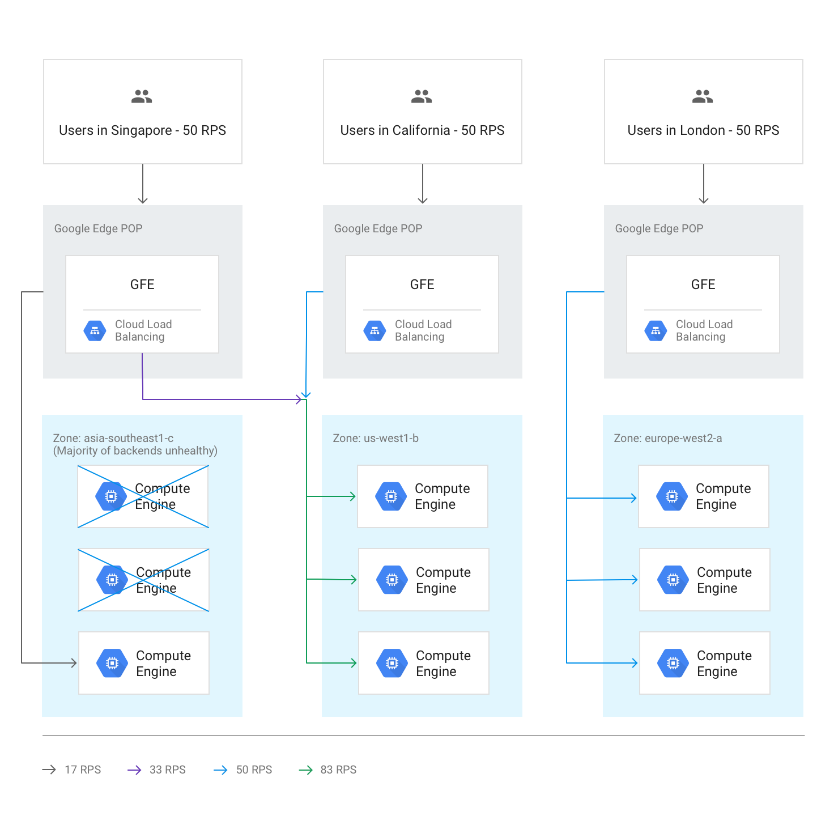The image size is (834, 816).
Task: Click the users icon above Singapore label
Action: pyautogui.click(x=142, y=97)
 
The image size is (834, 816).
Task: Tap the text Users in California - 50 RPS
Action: pyautogui.click(x=422, y=130)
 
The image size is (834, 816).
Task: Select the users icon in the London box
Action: pyautogui.click(x=703, y=97)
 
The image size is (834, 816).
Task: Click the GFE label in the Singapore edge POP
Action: pyautogui.click(x=142, y=284)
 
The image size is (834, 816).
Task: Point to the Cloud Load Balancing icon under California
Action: pyautogui.click(x=375, y=331)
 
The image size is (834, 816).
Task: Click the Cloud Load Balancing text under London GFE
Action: pyautogui.click(x=704, y=330)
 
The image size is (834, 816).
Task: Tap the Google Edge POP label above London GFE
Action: pyautogui.click(x=659, y=228)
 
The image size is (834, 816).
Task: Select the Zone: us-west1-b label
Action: pyautogui.click(x=376, y=438)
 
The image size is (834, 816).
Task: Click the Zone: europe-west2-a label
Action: pyautogui.click(x=668, y=438)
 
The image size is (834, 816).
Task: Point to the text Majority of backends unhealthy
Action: pyautogui.click(x=135, y=450)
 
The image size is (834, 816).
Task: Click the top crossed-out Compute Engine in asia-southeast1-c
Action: pyautogui.click(x=143, y=496)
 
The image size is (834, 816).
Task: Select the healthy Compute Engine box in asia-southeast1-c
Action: pyautogui.click(x=144, y=663)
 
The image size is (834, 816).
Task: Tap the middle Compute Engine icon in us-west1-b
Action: pyautogui.click(x=392, y=580)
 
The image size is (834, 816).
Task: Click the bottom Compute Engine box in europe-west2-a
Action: pyautogui.click(x=705, y=663)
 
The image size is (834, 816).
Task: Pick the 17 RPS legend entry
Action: pyautogui.click(x=72, y=770)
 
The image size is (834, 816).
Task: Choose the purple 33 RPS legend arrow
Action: pyautogui.click(x=134, y=770)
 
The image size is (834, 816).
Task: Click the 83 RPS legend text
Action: pyautogui.click(x=338, y=770)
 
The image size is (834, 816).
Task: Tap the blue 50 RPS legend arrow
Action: pyautogui.click(x=220, y=770)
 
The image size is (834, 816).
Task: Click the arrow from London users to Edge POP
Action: pyautogui.click(x=704, y=184)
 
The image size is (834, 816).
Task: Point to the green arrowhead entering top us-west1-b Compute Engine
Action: pyautogui.click(x=352, y=496)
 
